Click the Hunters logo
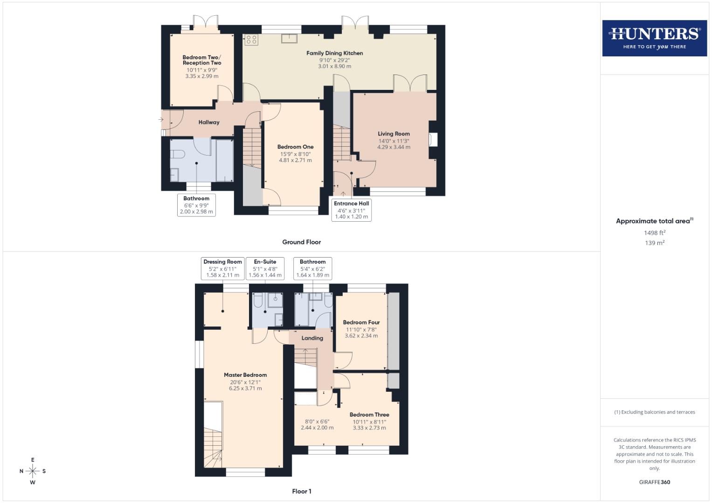pyautogui.click(x=654, y=38)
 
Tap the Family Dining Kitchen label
pyautogui.click(x=334, y=53)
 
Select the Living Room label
pyautogui.click(x=394, y=134)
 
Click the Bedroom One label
pyautogui.click(x=295, y=147)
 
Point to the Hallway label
pyautogui.click(x=209, y=122)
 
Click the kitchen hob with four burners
pyautogui.click(x=251, y=40)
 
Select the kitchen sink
pyautogui.click(x=289, y=38)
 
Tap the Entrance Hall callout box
pyautogui.click(x=352, y=210)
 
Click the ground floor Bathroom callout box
pyautogui.click(x=196, y=205)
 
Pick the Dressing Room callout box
pyautogui.click(x=222, y=268)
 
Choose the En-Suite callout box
pyautogui.click(x=265, y=268)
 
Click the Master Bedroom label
pyautogui.click(x=245, y=375)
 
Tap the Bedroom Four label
pyautogui.click(x=361, y=322)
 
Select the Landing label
pyautogui.click(x=312, y=338)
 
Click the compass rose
pyautogui.click(x=33, y=471)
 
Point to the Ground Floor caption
pyautogui.click(x=301, y=242)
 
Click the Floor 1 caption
pyautogui.click(x=301, y=491)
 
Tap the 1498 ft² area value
pyautogui.click(x=654, y=232)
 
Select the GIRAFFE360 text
pyautogui.click(x=654, y=482)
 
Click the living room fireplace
pyautogui.click(x=433, y=140)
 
